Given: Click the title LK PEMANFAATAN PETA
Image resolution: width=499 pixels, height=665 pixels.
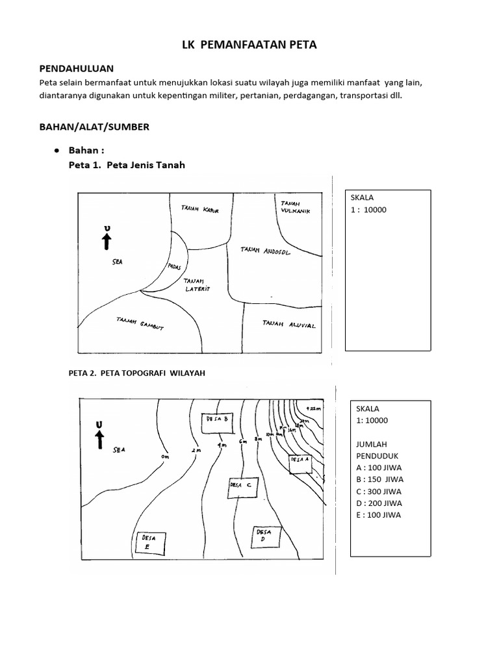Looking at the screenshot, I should coord(249,45).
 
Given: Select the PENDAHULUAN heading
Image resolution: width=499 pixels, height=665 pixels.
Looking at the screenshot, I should coord(77,68).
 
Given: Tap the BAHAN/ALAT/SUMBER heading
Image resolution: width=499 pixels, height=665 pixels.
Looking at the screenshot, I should coord(94,127).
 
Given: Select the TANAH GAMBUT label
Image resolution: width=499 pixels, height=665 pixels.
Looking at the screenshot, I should coord(140,323).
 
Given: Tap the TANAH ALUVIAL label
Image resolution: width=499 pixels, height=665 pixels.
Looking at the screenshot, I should coord(289,324).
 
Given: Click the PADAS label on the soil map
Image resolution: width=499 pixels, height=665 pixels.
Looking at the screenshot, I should coord(174,267).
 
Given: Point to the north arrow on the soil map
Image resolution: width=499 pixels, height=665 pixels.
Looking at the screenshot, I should coord(107,238).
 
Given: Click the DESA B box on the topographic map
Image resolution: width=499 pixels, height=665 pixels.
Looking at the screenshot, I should coord(217,422).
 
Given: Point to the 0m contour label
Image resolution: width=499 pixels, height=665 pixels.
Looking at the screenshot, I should coord(164,457).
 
